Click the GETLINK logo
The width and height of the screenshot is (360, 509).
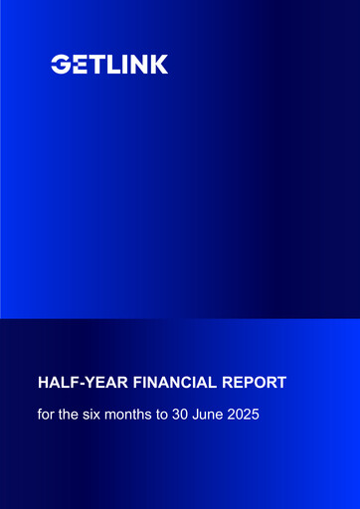tap(109, 65)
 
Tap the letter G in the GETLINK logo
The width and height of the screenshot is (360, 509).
tap(60, 65)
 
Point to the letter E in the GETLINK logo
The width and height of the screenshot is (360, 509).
tap(77, 65)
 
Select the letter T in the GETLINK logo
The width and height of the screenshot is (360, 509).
tap(92, 65)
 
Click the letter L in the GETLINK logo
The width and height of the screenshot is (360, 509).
tap(107, 65)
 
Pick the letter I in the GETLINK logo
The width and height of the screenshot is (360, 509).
tap(119, 65)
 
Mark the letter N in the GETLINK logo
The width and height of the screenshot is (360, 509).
tap(135, 65)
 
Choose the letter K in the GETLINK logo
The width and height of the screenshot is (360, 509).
tap(157, 65)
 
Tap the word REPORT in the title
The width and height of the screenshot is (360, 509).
tap(255, 382)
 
